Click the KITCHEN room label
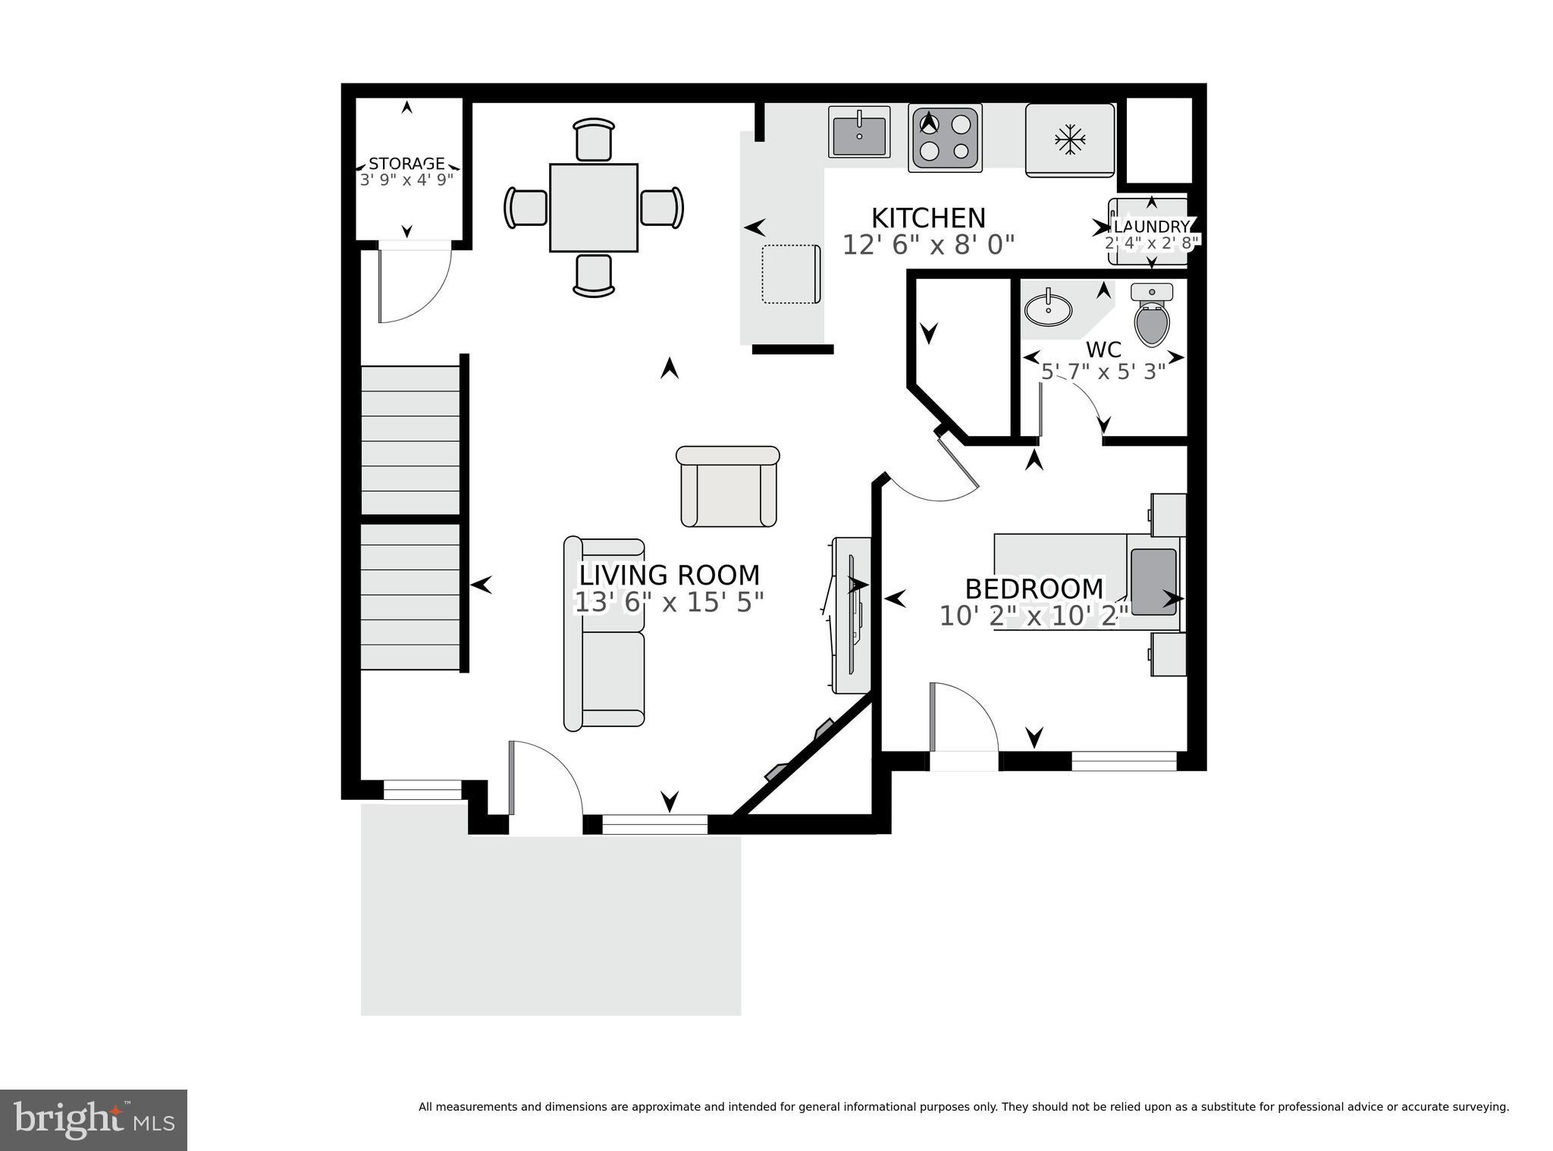click(x=927, y=218)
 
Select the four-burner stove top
click(x=945, y=137)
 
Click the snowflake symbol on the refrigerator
click(x=1070, y=140)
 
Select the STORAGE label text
click(x=406, y=164)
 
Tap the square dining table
click(x=593, y=207)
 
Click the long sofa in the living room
click(x=604, y=634)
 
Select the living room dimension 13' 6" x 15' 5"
click(x=669, y=602)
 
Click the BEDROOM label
click(x=1034, y=588)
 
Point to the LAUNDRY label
click(x=1152, y=227)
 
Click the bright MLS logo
click(x=93, y=1119)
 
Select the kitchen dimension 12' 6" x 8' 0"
click(x=927, y=245)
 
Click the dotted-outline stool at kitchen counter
click(x=791, y=274)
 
